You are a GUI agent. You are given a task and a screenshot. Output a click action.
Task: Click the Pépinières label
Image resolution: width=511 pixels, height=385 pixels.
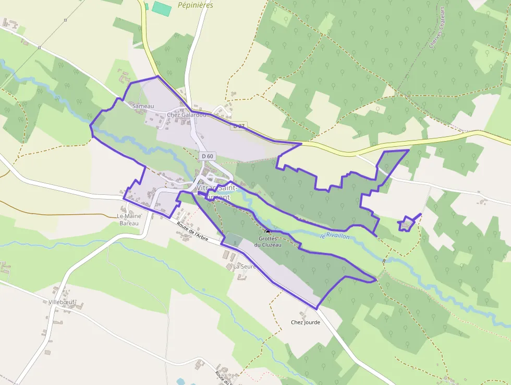196,5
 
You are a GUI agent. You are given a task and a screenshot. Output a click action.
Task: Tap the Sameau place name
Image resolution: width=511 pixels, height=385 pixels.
143,106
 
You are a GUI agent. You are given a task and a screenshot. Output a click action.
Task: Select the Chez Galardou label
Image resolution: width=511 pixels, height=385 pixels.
186,115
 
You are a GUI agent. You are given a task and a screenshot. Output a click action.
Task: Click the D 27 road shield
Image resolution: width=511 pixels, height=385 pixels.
239,126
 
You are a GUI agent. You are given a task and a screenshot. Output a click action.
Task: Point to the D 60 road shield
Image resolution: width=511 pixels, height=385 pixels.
208,156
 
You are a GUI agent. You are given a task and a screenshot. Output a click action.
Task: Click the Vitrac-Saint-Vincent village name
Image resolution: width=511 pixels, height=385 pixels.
217,191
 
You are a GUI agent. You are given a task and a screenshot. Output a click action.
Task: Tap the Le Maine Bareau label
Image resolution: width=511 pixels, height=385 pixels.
128,219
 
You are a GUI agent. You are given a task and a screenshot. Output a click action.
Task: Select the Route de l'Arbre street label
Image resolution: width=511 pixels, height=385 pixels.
192,232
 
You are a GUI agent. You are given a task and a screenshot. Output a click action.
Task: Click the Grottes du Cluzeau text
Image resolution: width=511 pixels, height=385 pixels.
267,241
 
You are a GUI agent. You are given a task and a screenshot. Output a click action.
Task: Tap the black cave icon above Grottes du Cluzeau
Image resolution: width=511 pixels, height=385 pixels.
268,231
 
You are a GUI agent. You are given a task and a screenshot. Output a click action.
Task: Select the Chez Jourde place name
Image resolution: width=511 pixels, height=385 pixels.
306,322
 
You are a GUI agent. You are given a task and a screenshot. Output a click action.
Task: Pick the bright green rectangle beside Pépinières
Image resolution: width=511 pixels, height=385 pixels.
162,9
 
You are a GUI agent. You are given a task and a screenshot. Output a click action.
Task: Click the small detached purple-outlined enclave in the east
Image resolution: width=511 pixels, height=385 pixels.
407,224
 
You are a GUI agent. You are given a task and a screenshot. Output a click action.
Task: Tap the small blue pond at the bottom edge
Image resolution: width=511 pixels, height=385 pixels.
181,382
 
